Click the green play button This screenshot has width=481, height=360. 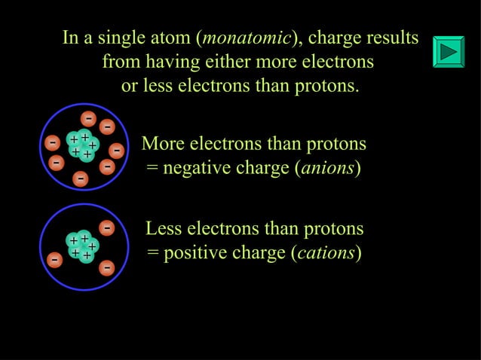(449, 51)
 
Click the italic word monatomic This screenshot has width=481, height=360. (244, 38)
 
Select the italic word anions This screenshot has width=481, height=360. (328, 167)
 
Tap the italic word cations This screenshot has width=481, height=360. (326, 252)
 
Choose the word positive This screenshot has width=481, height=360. (197, 252)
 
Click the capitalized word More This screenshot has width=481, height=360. (164, 143)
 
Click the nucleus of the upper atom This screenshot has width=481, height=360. (81, 145)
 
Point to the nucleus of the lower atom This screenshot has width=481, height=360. (81, 246)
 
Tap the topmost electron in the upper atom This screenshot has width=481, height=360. (89, 118)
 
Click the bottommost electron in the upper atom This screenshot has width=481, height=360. (80, 178)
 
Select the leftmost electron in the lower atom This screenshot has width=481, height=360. (54, 261)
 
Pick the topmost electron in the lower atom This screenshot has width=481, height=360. (107, 227)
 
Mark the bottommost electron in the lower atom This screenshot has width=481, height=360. (107, 267)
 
